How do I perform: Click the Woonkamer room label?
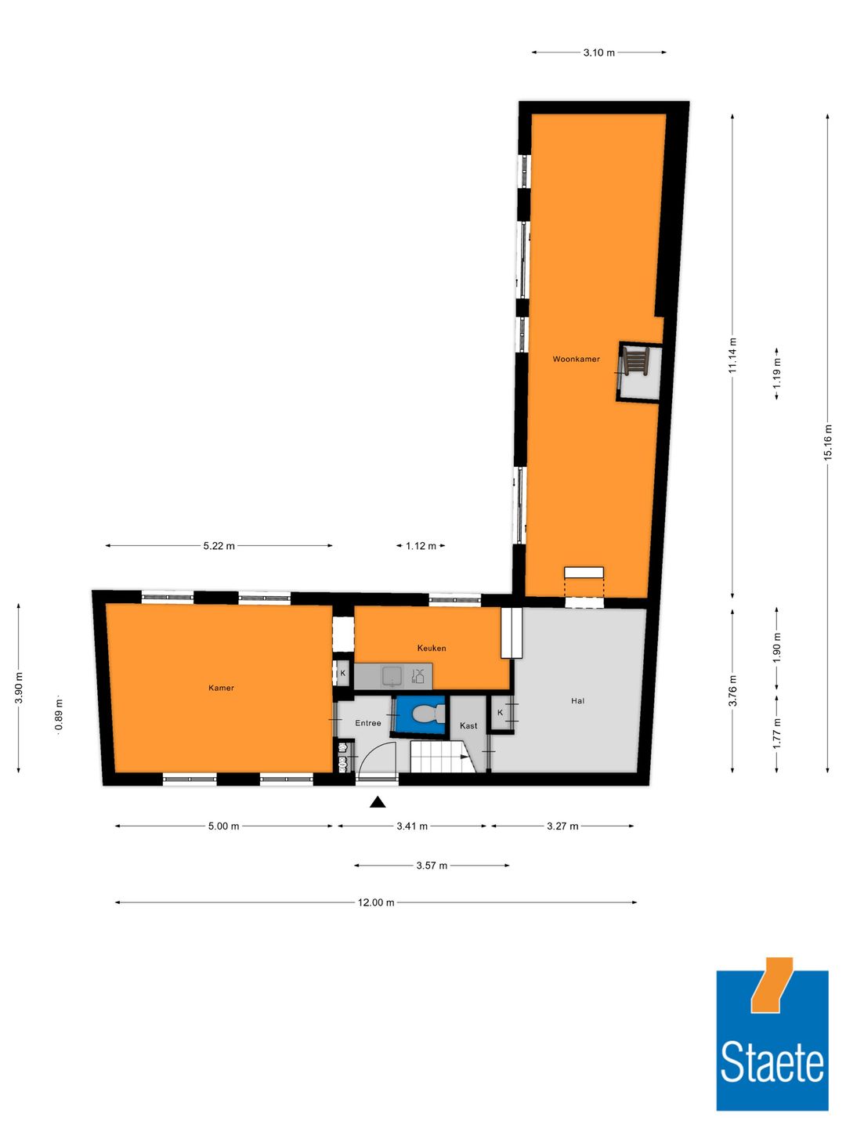(576, 359)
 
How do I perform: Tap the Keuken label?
(431, 648)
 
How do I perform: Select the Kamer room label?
(221, 688)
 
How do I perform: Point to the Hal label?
(577, 701)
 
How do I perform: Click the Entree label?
(367, 723)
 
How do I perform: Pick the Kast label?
(468, 725)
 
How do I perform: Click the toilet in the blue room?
(424, 714)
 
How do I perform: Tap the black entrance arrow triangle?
(378, 801)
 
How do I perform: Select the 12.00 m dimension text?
(376, 902)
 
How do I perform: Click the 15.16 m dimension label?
(828, 443)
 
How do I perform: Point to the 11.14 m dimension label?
(732, 355)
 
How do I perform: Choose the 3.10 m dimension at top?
(598, 52)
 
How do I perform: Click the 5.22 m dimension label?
(219, 546)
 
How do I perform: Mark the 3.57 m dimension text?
(432, 866)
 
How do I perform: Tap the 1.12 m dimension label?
(421, 546)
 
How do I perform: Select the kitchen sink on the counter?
(392, 675)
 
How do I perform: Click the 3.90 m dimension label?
(19, 688)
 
